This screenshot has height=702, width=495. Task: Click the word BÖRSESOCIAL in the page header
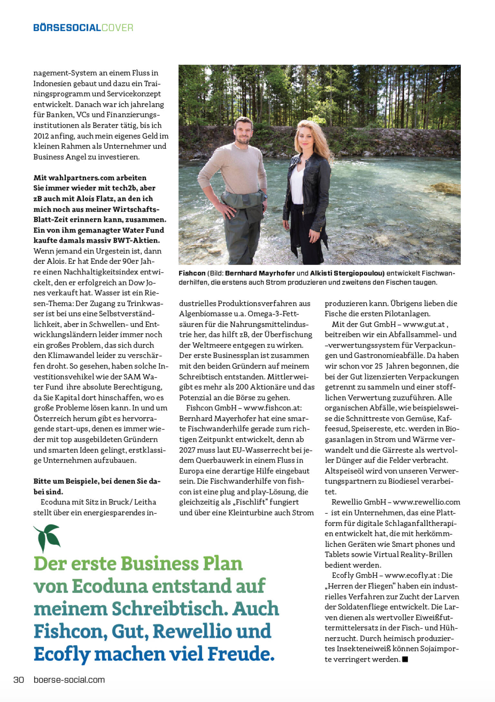(x=67, y=28)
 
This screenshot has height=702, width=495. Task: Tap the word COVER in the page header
(x=117, y=28)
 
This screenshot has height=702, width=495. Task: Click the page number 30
(x=19, y=680)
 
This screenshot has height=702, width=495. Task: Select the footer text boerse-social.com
(x=69, y=680)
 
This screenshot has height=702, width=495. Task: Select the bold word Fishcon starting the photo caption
(x=192, y=273)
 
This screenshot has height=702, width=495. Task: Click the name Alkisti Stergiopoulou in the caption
(x=347, y=273)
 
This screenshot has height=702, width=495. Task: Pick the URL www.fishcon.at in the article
(x=273, y=408)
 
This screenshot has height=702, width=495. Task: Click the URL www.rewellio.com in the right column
(x=426, y=502)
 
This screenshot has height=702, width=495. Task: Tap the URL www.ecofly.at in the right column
(x=410, y=575)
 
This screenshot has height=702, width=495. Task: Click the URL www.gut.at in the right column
(x=423, y=324)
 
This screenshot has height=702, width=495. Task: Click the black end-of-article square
(x=405, y=659)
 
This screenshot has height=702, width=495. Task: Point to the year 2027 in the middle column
(x=188, y=450)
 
